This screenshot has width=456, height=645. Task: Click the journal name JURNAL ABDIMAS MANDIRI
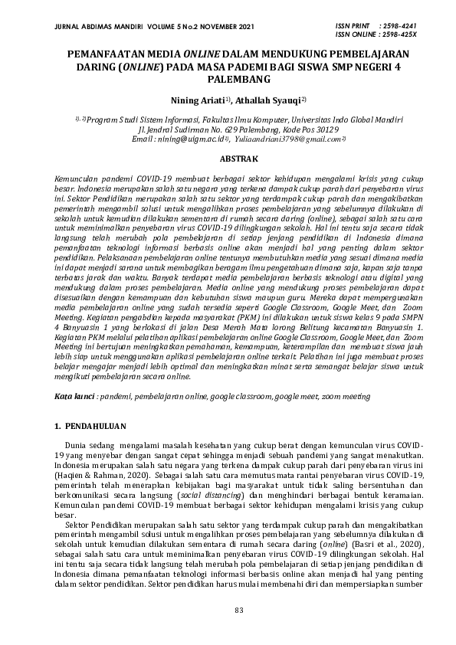(89, 27)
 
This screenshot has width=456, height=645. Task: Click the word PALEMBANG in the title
(228, 80)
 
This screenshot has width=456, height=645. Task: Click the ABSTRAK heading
(228, 159)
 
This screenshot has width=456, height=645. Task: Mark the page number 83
(228, 608)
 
